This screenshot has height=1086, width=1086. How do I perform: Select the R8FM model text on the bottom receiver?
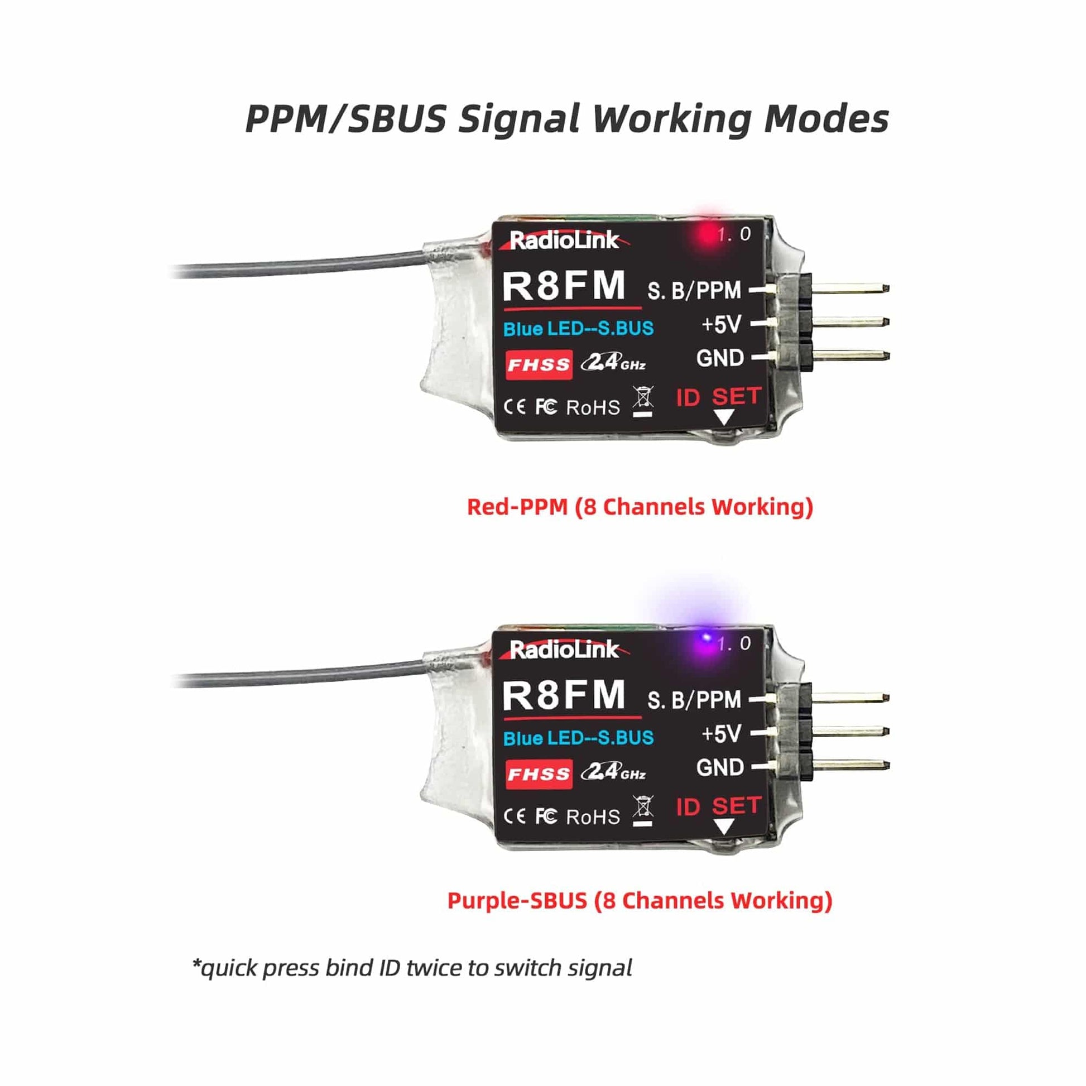(564, 695)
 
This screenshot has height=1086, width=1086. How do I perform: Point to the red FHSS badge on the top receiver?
(539, 365)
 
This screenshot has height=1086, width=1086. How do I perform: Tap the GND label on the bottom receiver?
(720, 767)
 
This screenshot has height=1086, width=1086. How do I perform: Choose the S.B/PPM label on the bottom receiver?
(694, 700)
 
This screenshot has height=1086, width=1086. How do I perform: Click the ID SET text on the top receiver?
(719, 397)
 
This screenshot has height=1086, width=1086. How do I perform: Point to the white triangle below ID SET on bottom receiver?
(724, 826)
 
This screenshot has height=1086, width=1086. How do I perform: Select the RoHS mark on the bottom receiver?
(593, 817)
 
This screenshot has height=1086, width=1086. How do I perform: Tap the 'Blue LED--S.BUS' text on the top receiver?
(578, 329)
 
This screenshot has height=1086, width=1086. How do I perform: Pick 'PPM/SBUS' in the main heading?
(345, 119)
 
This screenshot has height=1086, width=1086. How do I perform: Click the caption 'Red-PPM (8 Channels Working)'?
(640, 507)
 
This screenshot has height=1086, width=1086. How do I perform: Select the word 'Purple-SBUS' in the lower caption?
(517, 901)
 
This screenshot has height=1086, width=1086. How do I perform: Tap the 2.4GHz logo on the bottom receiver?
(613, 772)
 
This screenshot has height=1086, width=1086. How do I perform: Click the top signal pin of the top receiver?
(850, 289)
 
